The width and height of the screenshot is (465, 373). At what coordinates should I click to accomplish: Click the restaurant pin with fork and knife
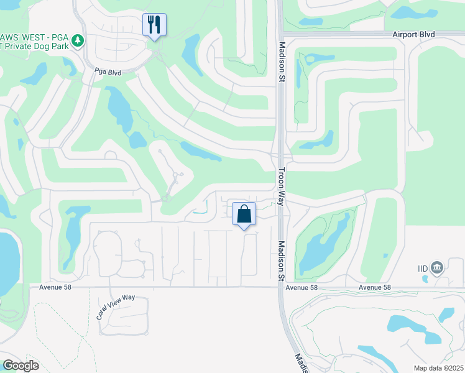point(154,25)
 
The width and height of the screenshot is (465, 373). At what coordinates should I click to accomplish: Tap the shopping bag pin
point(244,214)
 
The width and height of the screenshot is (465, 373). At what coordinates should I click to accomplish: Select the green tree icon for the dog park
point(77,41)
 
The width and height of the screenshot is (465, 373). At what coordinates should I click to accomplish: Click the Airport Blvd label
point(413,34)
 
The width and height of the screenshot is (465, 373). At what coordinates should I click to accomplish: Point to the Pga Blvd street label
point(107,72)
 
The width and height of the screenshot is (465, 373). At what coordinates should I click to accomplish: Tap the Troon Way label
point(281,186)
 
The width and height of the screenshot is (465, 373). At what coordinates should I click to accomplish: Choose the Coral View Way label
point(115,306)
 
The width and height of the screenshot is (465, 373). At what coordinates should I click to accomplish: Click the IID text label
point(423,269)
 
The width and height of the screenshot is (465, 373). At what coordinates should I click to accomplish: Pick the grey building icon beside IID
point(437,268)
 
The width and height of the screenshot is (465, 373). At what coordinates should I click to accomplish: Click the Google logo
point(20,366)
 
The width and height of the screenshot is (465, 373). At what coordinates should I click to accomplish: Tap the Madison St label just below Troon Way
point(281,260)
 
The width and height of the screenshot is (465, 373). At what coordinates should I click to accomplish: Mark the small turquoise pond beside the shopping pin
point(200,211)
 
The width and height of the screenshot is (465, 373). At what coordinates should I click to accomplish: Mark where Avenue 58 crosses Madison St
point(280,287)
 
